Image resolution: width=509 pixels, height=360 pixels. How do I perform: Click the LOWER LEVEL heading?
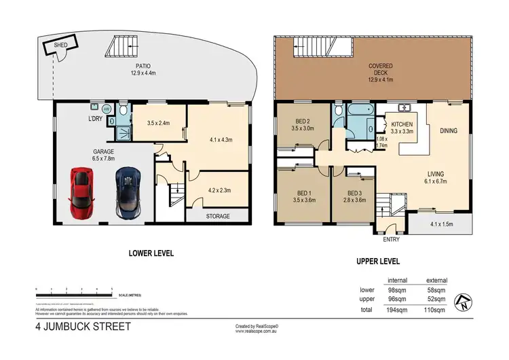[x=152, y=253]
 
